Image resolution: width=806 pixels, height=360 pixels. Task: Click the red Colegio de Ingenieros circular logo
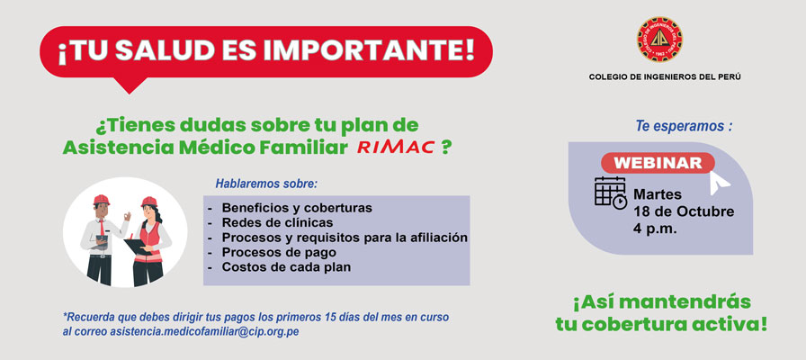tap(659, 40)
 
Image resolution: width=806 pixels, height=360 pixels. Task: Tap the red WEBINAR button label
tap(658, 163)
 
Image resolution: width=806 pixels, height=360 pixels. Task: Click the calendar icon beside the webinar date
tap(611, 193)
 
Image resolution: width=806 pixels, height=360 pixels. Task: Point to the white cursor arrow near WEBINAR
tap(720, 182)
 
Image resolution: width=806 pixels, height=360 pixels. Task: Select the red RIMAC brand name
tap(395, 148)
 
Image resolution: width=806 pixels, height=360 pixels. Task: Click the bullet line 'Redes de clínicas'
tap(277, 222)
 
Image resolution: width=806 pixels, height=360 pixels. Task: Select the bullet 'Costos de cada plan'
tap(286, 267)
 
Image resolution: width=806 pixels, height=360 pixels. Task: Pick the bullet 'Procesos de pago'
tap(279, 253)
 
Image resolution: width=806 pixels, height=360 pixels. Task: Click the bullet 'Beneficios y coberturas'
tap(297, 208)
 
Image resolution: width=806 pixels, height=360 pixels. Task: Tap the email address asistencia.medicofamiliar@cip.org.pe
tap(204, 332)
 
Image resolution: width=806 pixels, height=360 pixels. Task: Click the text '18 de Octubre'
tap(684, 211)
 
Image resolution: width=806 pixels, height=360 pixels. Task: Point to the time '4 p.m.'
tap(656, 229)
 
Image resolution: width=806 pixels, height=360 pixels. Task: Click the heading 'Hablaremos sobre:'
tap(267, 184)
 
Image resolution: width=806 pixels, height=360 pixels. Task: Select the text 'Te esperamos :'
tap(684, 126)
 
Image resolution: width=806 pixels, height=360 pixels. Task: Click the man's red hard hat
tap(102, 200)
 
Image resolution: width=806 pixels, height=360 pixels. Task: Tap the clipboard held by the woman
tap(138, 247)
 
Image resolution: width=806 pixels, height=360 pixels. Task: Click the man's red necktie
tap(103, 227)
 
